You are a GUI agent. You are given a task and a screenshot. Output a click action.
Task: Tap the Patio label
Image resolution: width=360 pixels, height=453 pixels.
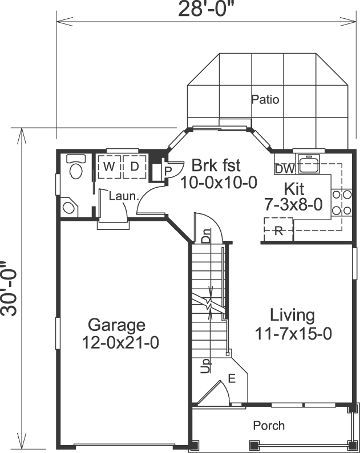coord(265,100)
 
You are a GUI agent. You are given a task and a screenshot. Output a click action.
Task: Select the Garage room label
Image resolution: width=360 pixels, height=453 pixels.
coord(116,326)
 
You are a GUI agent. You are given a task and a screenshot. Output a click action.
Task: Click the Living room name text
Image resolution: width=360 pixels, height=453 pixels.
coord(292,315)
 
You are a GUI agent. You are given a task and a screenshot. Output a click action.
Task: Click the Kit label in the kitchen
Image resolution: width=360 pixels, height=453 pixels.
coord(294,188)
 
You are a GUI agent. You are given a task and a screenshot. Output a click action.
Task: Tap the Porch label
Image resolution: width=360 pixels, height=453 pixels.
coord(269,426)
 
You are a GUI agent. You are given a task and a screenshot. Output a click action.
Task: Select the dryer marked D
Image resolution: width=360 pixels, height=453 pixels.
coord(134,166)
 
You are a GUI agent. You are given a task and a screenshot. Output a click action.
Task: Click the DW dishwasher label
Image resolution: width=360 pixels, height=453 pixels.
coord(284,169)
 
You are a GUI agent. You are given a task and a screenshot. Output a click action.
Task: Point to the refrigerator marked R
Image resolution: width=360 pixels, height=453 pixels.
coord(278,231)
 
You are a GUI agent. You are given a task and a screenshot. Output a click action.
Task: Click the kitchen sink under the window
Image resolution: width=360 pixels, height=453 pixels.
coord(309,164)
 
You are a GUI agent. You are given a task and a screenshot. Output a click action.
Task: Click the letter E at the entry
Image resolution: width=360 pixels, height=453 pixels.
coord(231,378)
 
